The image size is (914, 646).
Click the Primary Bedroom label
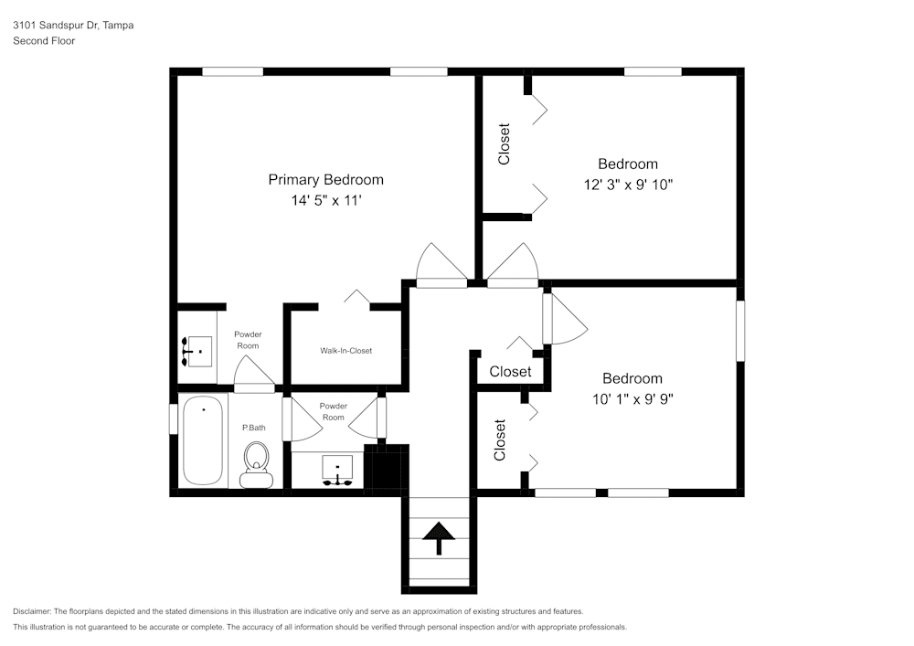[325, 179]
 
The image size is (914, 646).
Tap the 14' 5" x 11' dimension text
[325, 199]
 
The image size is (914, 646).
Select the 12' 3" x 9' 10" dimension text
[628, 184]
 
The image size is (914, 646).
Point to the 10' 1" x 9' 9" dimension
[632, 398]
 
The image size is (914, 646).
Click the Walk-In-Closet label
[345, 351]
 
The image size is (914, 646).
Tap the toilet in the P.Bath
[256, 464]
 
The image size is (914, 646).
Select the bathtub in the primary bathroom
[202, 440]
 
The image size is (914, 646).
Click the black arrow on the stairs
[439, 537]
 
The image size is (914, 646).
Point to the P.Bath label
[253, 428]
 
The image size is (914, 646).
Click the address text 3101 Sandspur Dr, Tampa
[73, 26]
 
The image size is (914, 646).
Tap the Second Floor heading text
[44, 41]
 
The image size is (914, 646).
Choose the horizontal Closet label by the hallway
[510, 372]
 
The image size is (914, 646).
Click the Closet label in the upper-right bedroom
[504, 144]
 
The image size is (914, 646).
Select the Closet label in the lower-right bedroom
[500, 439]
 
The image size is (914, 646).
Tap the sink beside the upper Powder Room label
[197, 351]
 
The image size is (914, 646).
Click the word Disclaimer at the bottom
[33, 611]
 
